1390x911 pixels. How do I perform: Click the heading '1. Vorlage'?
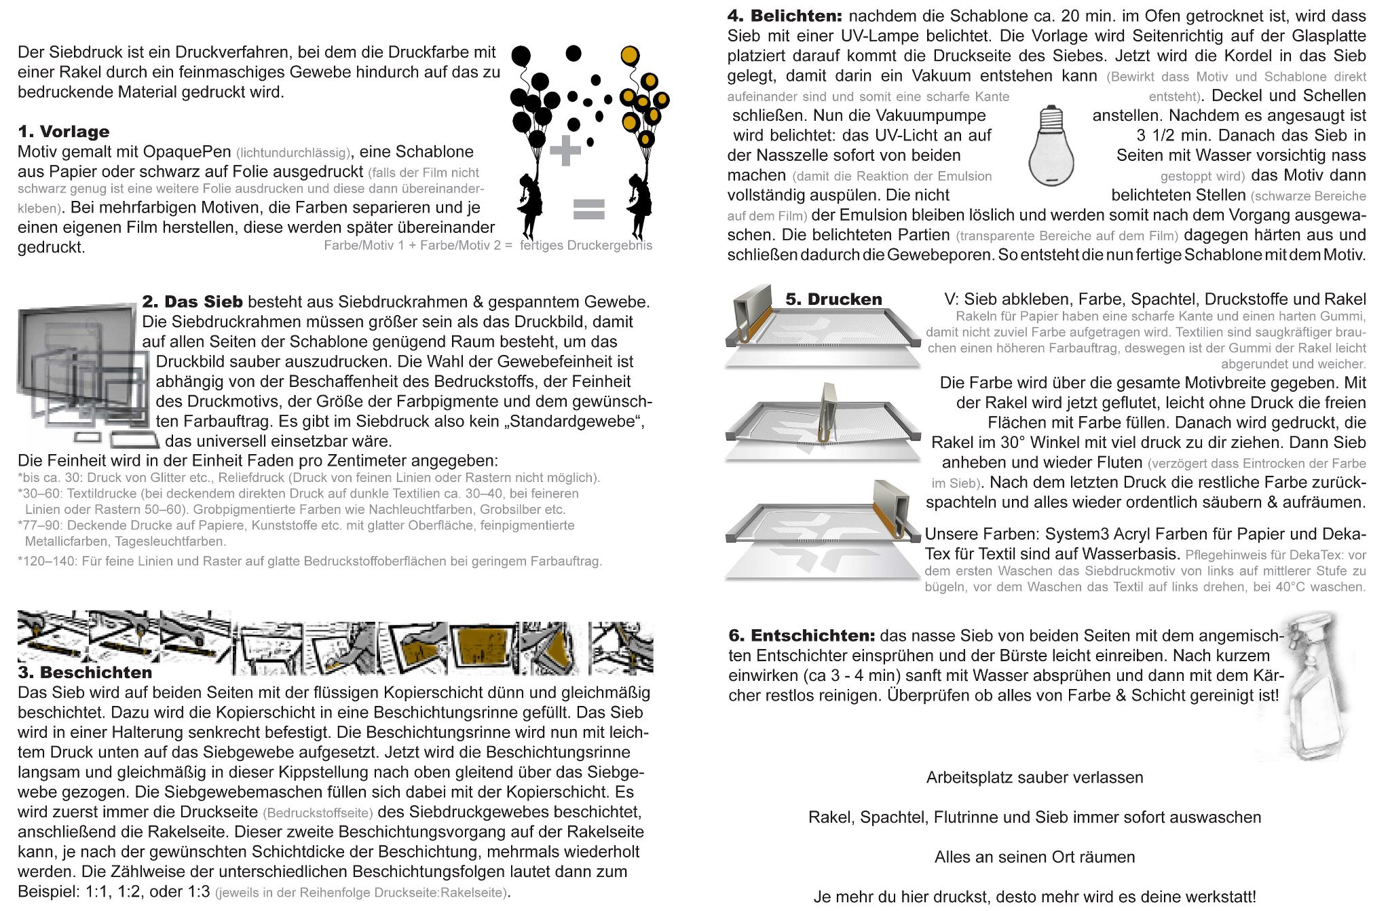(x=64, y=132)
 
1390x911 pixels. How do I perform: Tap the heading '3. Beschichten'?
(x=85, y=673)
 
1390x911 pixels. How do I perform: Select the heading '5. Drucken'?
(x=833, y=299)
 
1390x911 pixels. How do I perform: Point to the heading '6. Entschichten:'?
(x=801, y=636)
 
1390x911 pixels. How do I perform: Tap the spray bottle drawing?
(x=1313, y=686)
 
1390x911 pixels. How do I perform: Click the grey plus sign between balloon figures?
(x=565, y=151)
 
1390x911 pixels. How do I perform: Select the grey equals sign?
(x=588, y=209)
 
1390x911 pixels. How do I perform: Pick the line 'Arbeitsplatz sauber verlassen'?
(x=1034, y=778)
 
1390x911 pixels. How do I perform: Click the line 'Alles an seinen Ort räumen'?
(x=1034, y=857)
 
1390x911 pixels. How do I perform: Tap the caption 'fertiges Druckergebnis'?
(x=586, y=246)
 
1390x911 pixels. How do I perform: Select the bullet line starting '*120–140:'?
(x=309, y=561)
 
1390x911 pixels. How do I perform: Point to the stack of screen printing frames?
(x=81, y=373)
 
